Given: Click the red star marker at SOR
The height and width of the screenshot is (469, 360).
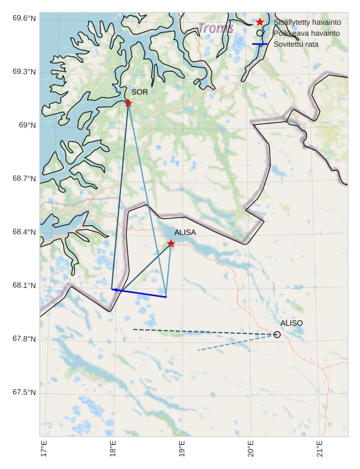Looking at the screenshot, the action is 128,103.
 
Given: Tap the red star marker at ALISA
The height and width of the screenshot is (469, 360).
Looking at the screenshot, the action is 171,243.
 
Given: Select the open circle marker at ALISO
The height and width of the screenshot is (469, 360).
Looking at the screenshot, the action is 277,335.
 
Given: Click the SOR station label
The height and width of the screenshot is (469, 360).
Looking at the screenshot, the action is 140,92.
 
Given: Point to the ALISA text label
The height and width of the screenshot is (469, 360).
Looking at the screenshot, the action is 184,233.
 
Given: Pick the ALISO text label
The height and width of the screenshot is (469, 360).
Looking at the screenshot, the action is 291,323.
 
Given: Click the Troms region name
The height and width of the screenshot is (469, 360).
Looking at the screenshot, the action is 216,28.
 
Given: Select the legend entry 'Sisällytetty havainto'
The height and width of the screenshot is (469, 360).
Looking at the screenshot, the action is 307,23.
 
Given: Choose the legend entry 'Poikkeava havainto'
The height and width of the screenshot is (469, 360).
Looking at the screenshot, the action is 306,33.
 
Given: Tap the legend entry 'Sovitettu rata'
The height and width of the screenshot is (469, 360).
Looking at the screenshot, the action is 296,44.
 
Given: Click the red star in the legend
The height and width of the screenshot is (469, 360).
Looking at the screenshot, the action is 260,23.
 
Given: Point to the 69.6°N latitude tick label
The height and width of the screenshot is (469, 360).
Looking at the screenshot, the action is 24,18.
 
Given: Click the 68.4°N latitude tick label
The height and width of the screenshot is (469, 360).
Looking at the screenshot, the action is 24,232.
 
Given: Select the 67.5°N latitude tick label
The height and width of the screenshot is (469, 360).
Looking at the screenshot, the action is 24,393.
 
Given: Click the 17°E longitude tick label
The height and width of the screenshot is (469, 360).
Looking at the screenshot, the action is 44,448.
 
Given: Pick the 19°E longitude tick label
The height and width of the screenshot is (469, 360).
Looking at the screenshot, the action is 182,448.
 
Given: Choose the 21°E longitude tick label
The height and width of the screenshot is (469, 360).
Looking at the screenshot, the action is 320,448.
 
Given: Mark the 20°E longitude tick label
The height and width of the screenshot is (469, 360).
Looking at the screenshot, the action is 251,448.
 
